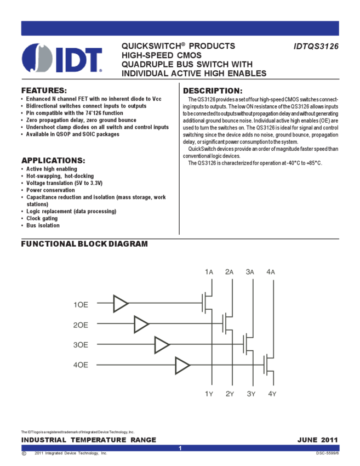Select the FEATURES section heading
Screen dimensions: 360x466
click(43, 90)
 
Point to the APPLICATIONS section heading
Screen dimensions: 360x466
click(53, 160)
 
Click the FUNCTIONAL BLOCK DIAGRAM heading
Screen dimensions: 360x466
click(84, 243)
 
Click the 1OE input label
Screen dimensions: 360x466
click(81, 303)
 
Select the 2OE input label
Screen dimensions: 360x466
click(81, 325)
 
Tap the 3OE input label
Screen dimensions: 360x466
click(81, 345)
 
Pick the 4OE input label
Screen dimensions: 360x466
click(81, 365)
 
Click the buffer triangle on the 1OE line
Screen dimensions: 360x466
click(121, 303)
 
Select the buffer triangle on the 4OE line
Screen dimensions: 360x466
click(183, 365)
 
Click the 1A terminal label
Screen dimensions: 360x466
click(209, 272)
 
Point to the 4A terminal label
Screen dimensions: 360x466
click(271, 272)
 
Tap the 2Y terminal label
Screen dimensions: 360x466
click(230, 393)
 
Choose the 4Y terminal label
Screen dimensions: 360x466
click(272, 393)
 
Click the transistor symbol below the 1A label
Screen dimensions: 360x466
click(208, 303)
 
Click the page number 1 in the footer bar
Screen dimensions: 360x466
click(180, 448)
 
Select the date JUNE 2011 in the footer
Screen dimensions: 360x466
click(318, 440)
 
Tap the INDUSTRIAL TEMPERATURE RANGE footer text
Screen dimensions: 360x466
click(89, 440)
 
